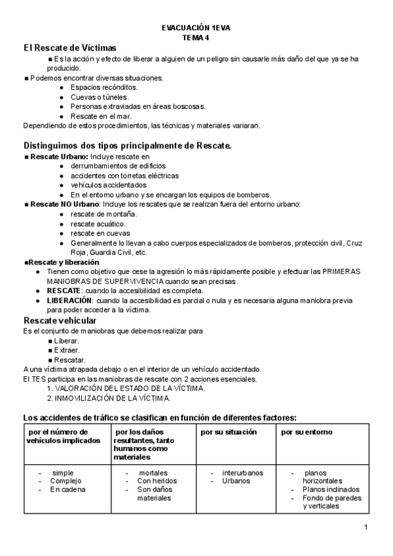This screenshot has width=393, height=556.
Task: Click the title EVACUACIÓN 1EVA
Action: click(196, 29)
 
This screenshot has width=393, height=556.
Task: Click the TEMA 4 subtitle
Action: click(196, 38)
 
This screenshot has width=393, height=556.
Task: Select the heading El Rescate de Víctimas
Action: click(69, 49)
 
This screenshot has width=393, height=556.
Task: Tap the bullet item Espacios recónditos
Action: click(104, 87)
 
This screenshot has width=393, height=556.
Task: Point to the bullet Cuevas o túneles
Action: click(98, 97)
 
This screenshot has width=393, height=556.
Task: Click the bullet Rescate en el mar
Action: click(101, 116)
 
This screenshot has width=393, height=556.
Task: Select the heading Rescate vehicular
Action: click(60, 320)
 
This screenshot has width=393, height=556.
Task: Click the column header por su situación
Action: click(229, 433)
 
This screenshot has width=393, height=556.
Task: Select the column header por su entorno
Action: click(307, 433)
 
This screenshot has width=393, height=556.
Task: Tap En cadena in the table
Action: click(67, 489)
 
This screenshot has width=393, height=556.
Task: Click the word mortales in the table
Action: click(153, 472)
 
